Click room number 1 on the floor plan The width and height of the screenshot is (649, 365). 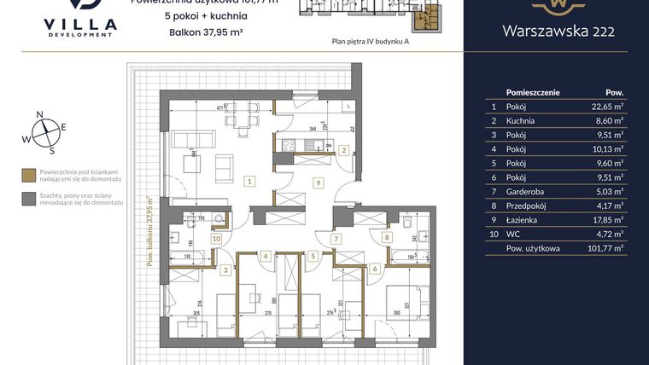click(248, 181)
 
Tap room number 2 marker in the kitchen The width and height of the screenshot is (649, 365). click(343, 151)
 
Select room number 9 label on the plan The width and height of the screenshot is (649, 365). click(317, 182)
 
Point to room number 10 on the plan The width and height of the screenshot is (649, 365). click(216, 240)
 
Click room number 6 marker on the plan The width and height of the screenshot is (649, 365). click(374, 269)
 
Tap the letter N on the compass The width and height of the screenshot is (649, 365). click(39, 113)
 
